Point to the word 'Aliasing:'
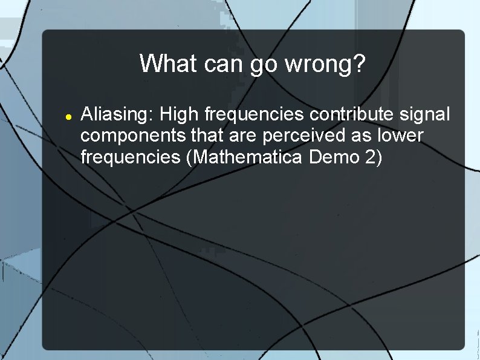[x=118, y=114]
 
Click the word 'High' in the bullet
[x=181, y=114]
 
